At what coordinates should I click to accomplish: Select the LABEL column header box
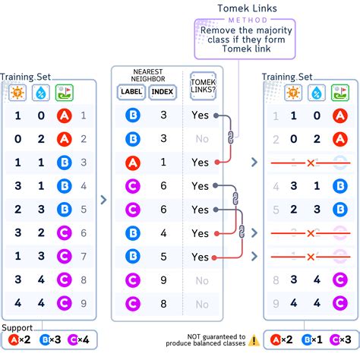[132, 92]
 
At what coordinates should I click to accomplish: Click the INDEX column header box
[162, 92]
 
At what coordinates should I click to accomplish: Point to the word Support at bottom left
[17, 327]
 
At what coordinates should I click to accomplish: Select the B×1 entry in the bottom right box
[312, 340]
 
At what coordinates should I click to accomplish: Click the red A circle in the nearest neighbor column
[132, 163]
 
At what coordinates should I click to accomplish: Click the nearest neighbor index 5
[162, 257]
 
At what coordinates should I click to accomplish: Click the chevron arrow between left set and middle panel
[104, 199]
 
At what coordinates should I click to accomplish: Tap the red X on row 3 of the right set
[311, 163]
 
